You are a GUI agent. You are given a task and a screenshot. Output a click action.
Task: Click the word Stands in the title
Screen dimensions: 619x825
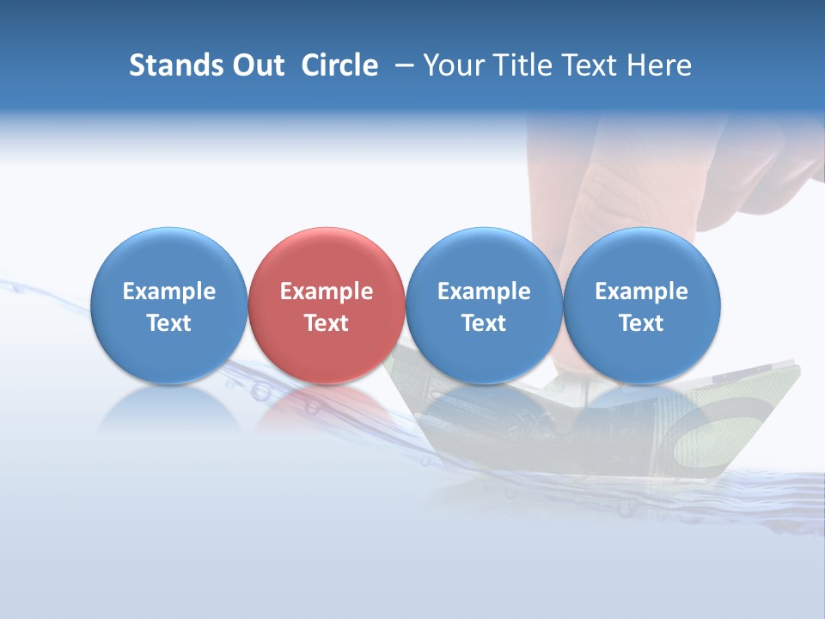[x=169, y=65]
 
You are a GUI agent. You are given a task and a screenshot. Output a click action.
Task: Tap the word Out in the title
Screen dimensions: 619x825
[x=255, y=65]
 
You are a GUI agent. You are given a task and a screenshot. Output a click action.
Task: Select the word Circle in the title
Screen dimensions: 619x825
[x=339, y=65]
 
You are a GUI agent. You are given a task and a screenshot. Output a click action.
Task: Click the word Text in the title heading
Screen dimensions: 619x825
[x=592, y=65]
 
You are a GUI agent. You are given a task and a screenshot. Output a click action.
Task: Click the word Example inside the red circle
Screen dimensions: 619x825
[x=327, y=291]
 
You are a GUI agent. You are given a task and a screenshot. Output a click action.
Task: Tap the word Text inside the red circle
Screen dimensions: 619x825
[x=327, y=323]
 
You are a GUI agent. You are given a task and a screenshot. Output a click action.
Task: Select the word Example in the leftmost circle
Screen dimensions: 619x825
[x=168, y=291]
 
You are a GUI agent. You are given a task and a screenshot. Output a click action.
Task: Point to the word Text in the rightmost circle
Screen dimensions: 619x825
[x=641, y=323]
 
